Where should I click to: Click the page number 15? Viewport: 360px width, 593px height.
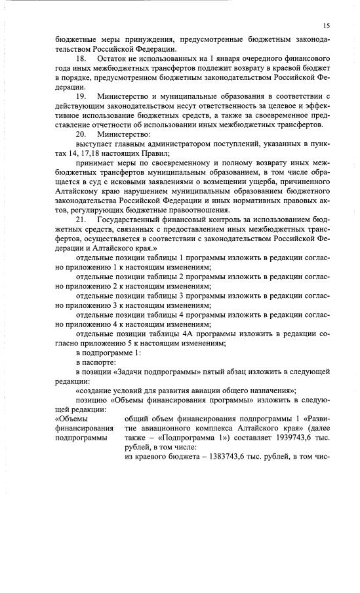[326, 25]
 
